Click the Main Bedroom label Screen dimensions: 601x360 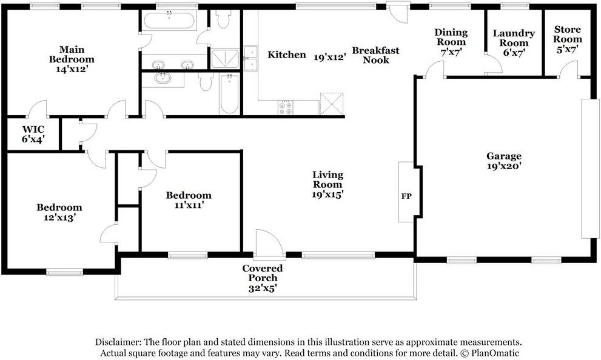(x=72, y=55)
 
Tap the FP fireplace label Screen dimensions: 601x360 (x=406, y=196)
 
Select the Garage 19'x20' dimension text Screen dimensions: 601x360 (x=504, y=166)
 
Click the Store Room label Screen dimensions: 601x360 (x=567, y=34)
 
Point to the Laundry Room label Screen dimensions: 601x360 (x=514, y=38)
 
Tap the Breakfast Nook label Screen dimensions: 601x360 (x=375, y=55)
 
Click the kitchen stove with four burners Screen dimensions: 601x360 (x=286, y=107)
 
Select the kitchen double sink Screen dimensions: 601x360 (x=250, y=58)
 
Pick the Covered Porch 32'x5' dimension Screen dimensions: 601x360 (x=263, y=288)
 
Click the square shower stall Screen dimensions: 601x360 (x=225, y=59)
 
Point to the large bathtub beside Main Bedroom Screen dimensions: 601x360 (x=169, y=20)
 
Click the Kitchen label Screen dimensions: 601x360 (x=287, y=55)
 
